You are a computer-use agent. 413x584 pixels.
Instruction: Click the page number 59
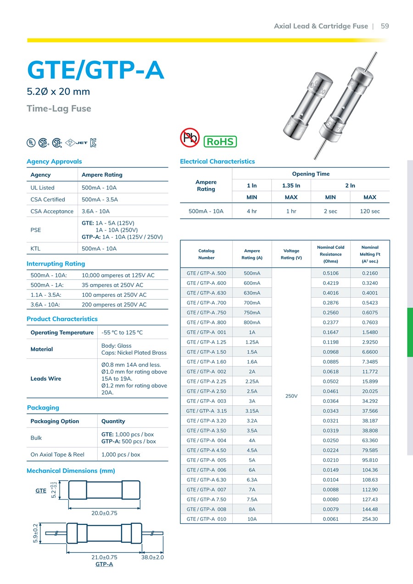(x=385, y=26)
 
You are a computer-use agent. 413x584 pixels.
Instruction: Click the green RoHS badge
(x=220, y=141)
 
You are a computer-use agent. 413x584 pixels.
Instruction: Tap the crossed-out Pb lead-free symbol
(x=190, y=138)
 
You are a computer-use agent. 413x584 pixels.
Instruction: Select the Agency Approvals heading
(x=54, y=161)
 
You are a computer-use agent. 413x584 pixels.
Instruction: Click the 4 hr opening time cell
(x=251, y=211)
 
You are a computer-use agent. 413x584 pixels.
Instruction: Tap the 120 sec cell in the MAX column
(x=369, y=211)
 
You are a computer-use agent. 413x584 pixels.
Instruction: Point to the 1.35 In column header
(x=291, y=185)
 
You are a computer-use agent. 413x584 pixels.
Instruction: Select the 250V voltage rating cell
(x=291, y=395)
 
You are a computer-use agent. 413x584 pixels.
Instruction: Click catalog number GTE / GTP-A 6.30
(x=206, y=480)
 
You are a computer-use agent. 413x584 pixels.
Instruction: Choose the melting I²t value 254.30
(x=369, y=519)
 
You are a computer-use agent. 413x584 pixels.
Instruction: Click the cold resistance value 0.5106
(x=330, y=273)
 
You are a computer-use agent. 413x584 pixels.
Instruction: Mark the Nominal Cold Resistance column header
(x=330, y=254)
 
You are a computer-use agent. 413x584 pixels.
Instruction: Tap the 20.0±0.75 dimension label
(x=104, y=513)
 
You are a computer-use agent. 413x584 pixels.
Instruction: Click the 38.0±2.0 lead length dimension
(x=153, y=557)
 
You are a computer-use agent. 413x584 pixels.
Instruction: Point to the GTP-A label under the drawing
(x=104, y=564)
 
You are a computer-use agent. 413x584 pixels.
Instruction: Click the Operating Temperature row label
(x=62, y=333)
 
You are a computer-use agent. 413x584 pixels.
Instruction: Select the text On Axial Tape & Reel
(x=57, y=455)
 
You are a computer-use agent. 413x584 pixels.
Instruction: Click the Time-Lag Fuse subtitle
(x=59, y=109)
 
